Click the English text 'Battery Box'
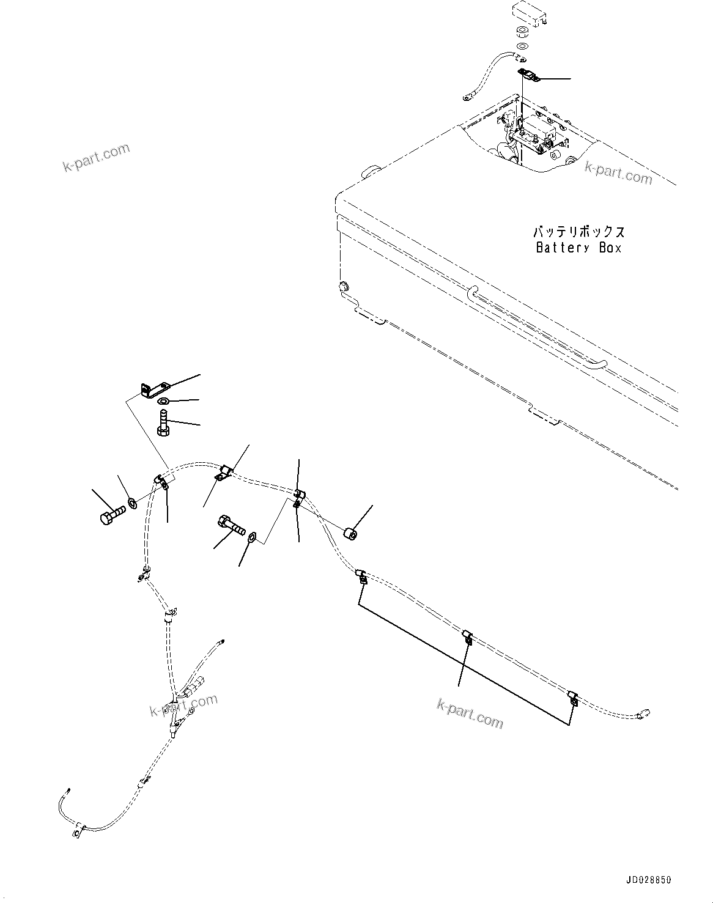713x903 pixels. click(x=578, y=248)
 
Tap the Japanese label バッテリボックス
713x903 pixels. click(x=579, y=232)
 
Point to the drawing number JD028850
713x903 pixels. click(x=648, y=880)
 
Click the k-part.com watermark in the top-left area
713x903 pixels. click(x=96, y=157)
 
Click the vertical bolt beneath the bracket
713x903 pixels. click(x=163, y=422)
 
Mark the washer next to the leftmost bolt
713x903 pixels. click(x=132, y=504)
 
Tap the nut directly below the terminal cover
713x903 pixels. click(x=523, y=32)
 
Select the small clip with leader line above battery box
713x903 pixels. click(x=528, y=75)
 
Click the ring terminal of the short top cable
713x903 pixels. click(x=468, y=95)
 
